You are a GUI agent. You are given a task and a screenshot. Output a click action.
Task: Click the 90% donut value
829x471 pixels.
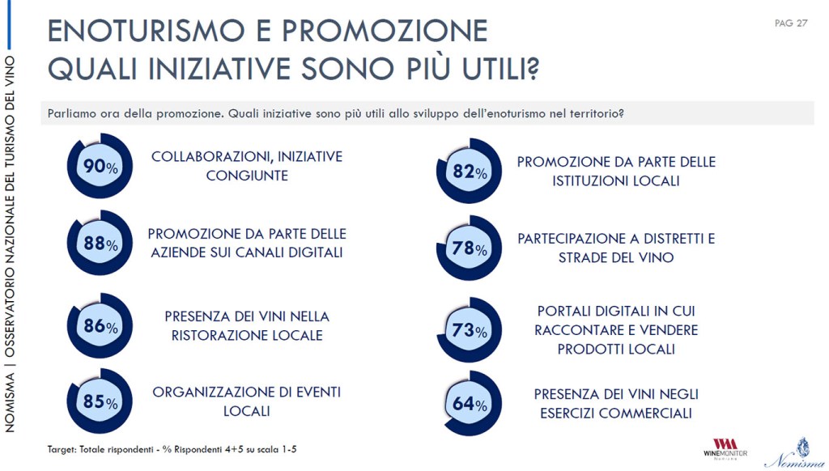point(100,168)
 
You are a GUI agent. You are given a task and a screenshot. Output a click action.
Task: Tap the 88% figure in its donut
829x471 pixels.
point(100,244)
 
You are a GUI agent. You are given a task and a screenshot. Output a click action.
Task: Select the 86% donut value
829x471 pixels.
point(100,327)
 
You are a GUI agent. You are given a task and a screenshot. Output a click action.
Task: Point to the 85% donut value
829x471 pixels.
point(100,401)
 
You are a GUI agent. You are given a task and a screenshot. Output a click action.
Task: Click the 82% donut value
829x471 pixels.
point(470,172)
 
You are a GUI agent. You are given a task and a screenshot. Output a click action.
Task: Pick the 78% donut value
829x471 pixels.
point(470,249)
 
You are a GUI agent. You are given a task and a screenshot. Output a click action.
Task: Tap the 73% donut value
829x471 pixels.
point(470,330)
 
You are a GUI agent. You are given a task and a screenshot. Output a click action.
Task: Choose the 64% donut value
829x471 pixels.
point(470,404)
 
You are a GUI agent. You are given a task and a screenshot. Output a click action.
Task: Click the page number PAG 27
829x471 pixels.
point(790,23)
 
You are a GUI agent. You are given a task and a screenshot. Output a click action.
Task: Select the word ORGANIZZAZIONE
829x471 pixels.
point(216,392)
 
